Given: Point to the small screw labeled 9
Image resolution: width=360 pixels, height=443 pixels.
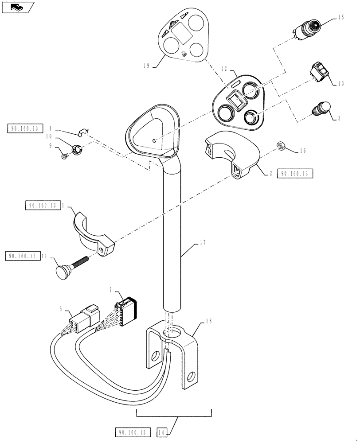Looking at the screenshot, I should [64, 156].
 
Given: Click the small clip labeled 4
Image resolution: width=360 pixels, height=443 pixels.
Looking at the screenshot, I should [82, 132].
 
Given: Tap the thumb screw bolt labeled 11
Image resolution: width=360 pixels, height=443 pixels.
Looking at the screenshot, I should [71, 266].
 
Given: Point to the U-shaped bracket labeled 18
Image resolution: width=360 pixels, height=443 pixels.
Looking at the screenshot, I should [173, 350].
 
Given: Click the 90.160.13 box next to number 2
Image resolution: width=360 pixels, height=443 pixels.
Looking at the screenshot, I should [295, 173].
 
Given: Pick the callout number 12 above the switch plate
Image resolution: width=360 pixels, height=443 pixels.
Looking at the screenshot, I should [224, 69].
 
